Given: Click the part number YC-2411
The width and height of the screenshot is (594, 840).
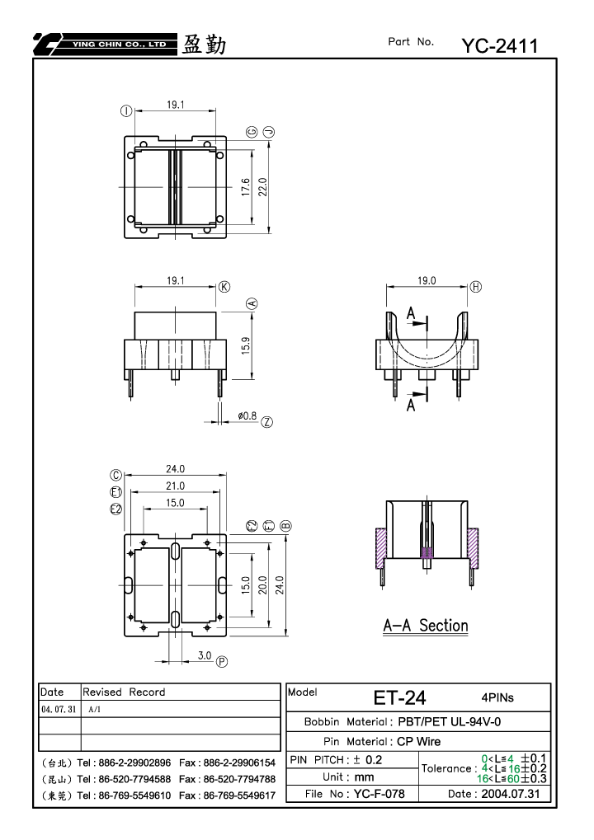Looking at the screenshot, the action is coord(499,46).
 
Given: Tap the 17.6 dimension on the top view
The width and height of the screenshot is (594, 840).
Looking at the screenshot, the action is coord(246,187).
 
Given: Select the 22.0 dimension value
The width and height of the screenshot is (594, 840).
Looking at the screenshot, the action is coord(262,187).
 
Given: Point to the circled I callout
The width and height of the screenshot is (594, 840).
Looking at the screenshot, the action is coord(126,111).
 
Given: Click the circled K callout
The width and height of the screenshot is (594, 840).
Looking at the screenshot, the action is coord(224,287).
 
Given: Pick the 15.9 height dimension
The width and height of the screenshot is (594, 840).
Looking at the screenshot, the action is coord(246,345).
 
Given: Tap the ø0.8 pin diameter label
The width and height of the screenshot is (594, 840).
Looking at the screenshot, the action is coord(247,415).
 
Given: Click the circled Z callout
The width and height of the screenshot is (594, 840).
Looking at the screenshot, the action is coord(266,422).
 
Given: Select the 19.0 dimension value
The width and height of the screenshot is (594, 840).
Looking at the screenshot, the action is coord(427,280).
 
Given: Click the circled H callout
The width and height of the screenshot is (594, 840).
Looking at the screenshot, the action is coord(475,287).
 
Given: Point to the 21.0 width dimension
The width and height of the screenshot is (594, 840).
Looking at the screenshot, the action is coord(175,486).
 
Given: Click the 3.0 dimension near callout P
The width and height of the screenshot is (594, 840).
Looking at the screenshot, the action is coord(205,655).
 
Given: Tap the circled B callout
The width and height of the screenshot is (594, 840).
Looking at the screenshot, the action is coord(285,526).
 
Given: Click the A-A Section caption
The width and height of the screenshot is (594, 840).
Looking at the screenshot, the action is coord(426,626).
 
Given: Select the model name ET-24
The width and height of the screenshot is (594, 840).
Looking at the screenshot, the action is coord(399,697).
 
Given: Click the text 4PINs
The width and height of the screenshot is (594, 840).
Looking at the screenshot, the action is coord(497,697).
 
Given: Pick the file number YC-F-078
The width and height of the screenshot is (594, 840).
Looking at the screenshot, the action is coord(379,793).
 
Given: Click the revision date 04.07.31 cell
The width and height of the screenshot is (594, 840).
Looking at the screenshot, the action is coord(59,709).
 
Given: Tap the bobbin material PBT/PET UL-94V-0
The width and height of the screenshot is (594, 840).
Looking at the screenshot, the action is coord(450,721).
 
